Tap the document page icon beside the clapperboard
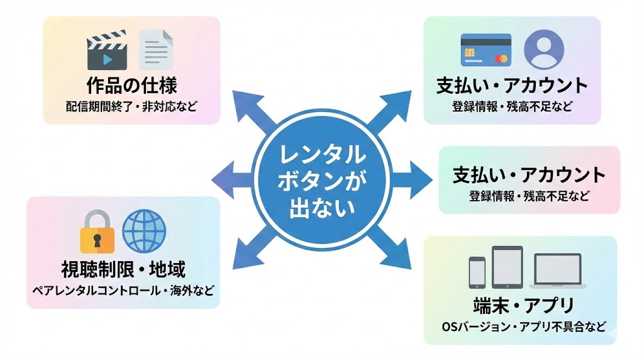[155, 50]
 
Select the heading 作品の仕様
[131, 85]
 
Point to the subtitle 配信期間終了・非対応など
[131, 105]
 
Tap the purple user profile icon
[543, 49]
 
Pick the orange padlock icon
[97, 232]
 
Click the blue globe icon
[143, 230]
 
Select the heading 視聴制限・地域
[123, 269]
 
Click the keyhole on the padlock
[97, 240]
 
